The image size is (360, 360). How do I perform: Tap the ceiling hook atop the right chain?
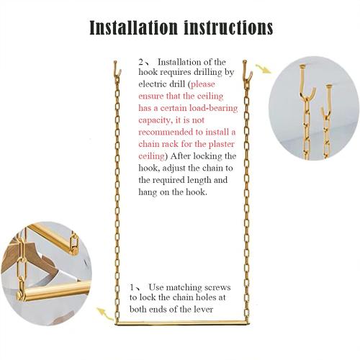(x=246, y=68)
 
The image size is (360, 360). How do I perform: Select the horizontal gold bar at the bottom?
(x=180, y=317)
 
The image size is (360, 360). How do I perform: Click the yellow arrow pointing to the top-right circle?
(x=264, y=70)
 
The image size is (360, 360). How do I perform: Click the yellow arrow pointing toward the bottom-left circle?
(x=107, y=315)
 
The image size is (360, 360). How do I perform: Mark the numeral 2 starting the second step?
(x=140, y=63)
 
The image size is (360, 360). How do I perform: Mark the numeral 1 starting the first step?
(x=133, y=285)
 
